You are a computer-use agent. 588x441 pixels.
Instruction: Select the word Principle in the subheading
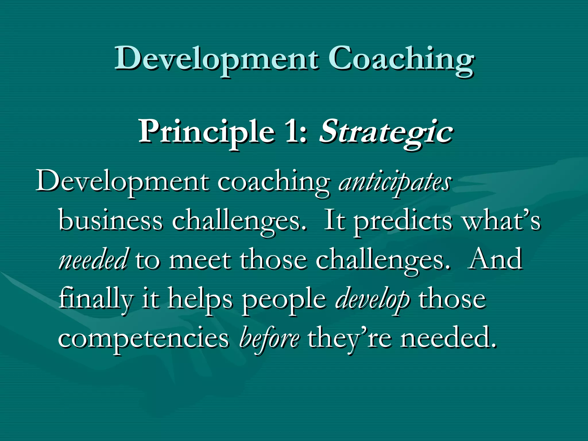pyautogui.click(x=206, y=132)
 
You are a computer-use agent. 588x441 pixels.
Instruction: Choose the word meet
pyautogui.click(x=200, y=260)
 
